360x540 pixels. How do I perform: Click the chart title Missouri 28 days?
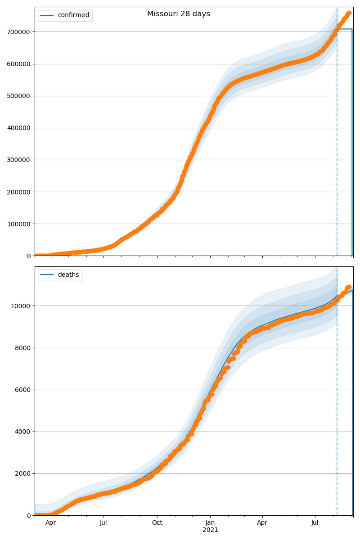click(179, 14)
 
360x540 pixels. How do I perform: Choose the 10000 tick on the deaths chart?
click(22, 306)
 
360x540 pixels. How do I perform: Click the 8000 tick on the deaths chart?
click(24, 348)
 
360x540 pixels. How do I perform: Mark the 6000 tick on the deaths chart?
click(24, 390)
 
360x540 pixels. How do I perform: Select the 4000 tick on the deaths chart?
click(24, 432)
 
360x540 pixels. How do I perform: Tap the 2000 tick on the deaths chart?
click(24, 473)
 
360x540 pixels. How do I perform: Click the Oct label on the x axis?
click(157, 523)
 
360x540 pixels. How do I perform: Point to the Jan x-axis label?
click(210, 523)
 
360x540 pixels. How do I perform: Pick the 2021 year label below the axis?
click(210, 530)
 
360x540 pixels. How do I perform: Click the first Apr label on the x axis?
click(51, 523)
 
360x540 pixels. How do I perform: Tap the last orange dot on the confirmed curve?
click(349, 13)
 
